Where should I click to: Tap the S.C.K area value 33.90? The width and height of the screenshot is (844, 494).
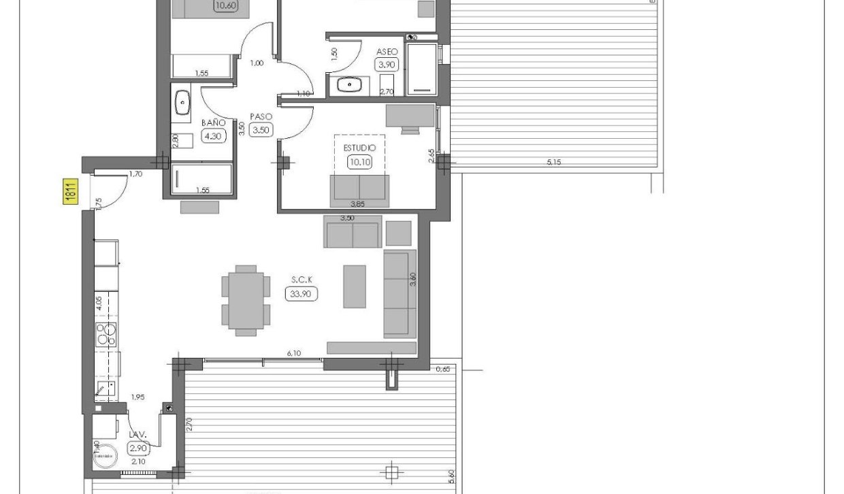point(302,294)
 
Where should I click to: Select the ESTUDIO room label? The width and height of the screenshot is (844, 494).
point(359,148)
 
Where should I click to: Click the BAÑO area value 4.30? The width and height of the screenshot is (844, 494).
point(213,135)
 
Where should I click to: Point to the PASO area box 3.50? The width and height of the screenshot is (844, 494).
point(261,130)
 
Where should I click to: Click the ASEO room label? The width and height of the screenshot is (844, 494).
point(387,51)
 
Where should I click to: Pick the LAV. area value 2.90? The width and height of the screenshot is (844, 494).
point(139,448)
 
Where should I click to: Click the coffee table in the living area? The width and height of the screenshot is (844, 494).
point(354,286)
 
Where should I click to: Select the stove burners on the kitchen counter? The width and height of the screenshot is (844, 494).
point(106,333)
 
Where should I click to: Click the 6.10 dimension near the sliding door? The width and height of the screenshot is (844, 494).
point(294,353)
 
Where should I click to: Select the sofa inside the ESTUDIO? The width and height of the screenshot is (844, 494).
point(359,190)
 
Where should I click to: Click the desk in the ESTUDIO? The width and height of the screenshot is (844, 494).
point(410,116)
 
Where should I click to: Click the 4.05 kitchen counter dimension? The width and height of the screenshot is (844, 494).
point(99,302)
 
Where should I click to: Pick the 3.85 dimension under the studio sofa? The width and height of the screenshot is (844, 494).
point(357,203)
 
